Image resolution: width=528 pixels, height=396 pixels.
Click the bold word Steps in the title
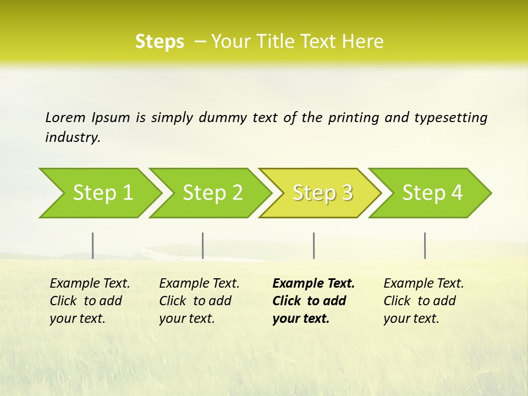[159, 42]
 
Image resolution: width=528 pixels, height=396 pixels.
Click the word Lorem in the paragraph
[65, 117]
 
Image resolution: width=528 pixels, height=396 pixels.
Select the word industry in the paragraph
[73, 137]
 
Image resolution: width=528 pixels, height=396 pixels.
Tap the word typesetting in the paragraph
[451, 118]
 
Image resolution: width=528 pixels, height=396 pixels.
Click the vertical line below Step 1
[93, 245]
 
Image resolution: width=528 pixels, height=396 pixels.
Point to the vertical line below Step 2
[203, 245]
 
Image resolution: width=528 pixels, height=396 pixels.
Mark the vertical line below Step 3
[313, 245]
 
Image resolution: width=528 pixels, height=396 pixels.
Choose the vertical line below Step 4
[425, 245]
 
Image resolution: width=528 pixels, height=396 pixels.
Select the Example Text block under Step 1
[89, 301]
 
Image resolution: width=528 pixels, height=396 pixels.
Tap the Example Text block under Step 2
[199, 301]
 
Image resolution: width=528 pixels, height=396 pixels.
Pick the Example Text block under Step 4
[423, 301]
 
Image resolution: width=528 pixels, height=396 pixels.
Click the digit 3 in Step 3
[346, 193]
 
